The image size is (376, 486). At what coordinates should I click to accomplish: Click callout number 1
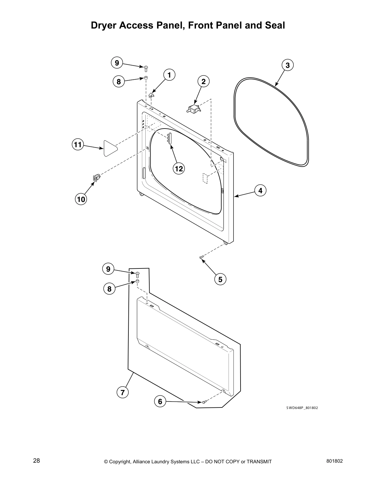coord(169,75)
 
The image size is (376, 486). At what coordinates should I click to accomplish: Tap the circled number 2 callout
coord(203,81)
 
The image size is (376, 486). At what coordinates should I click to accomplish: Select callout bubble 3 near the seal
coord(288,65)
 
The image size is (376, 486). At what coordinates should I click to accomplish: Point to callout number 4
coord(260,191)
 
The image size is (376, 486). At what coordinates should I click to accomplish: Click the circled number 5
coord(220,279)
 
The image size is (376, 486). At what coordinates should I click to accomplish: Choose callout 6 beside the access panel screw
coord(160,401)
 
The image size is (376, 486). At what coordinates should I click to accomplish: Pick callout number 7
coord(122,392)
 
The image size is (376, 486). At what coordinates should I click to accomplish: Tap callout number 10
coord(81,199)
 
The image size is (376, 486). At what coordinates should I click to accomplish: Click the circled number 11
coord(78,145)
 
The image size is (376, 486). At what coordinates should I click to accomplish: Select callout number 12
coord(179,168)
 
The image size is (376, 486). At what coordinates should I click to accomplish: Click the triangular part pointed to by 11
coord(109,148)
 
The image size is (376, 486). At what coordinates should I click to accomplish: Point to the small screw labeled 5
coord(202,257)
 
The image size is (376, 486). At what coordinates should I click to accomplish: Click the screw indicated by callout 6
coord(204,402)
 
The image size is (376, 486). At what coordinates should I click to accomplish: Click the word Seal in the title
coord(275,25)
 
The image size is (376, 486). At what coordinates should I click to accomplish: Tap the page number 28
coord(37,461)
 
